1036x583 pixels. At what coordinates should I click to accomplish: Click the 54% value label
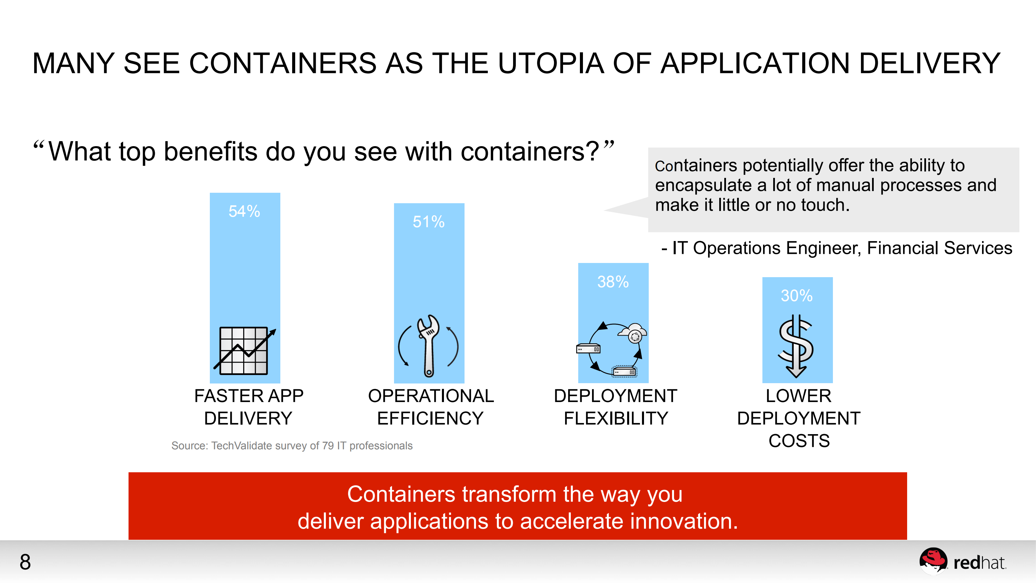tap(244, 211)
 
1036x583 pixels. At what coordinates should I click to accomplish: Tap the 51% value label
tap(428, 222)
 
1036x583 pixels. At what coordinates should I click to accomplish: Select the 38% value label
tap(613, 282)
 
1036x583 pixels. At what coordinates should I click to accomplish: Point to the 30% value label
tap(796, 296)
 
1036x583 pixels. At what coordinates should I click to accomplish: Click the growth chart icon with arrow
tap(244, 350)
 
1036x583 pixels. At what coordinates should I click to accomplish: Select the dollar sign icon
tap(796, 346)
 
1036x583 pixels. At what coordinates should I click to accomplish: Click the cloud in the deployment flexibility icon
tap(633, 332)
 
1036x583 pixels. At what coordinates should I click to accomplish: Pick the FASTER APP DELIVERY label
tap(249, 407)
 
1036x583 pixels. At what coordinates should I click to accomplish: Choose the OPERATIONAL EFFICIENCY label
tap(431, 407)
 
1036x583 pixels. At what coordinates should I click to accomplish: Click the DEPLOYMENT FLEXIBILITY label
tap(615, 407)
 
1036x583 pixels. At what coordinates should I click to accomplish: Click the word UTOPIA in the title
tap(551, 63)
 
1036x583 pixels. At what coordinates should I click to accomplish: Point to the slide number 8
tap(25, 562)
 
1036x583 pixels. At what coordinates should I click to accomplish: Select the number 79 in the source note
tap(328, 446)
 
